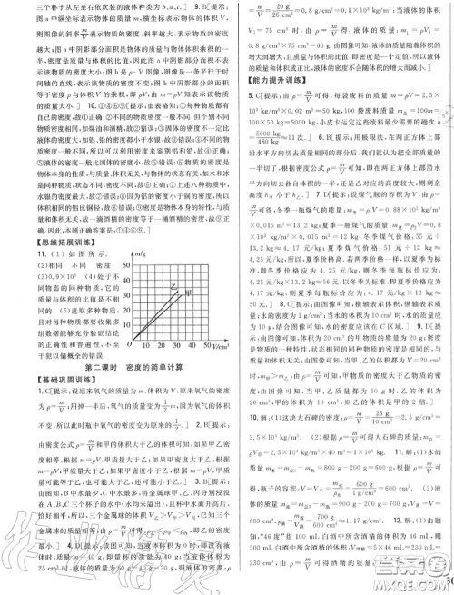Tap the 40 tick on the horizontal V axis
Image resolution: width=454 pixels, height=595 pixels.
click(x=191, y=347)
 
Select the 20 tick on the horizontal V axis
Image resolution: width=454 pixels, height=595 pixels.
click(x=158, y=347)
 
